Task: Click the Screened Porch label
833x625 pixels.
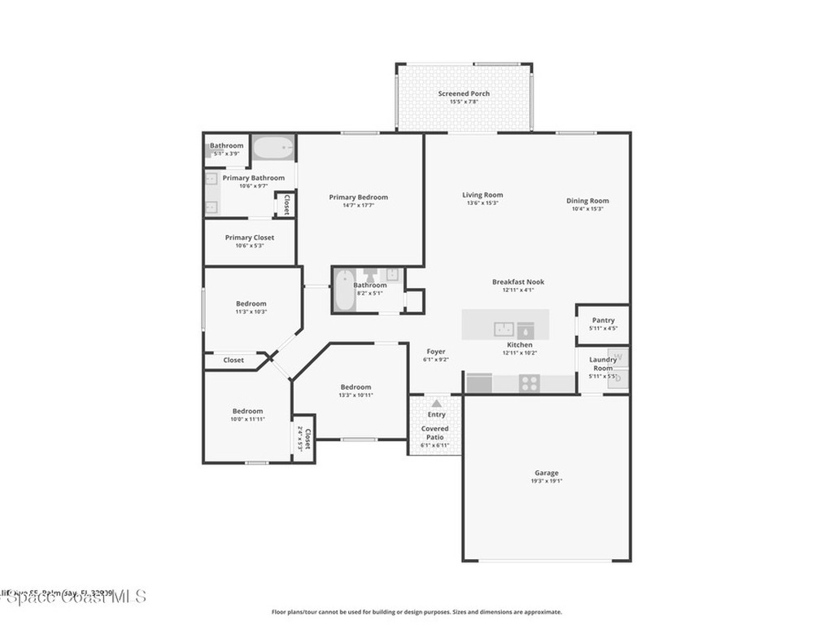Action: pyautogui.click(x=464, y=94)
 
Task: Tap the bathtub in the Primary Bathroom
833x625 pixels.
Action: pyautogui.click(x=273, y=148)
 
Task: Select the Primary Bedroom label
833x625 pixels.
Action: pyautogui.click(x=358, y=197)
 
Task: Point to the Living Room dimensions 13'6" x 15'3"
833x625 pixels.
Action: pyautogui.click(x=482, y=203)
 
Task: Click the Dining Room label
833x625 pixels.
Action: pyautogui.click(x=587, y=201)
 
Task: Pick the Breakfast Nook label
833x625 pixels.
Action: pyautogui.click(x=517, y=282)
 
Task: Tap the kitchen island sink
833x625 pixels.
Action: pyautogui.click(x=503, y=329)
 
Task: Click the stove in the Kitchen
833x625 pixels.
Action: pyautogui.click(x=529, y=382)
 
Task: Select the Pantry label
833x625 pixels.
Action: pyautogui.click(x=603, y=321)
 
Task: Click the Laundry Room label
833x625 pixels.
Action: pyautogui.click(x=603, y=364)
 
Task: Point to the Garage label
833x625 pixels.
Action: pyautogui.click(x=546, y=473)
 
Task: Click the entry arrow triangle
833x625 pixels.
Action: pyautogui.click(x=437, y=403)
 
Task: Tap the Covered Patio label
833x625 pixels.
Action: pyautogui.click(x=434, y=433)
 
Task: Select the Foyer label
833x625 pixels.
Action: pyautogui.click(x=435, y=352)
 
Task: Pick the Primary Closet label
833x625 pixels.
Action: pyautogui.click(x=249, y=238)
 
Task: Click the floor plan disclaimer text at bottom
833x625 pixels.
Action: pyautogui.click(x=416, y=612)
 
